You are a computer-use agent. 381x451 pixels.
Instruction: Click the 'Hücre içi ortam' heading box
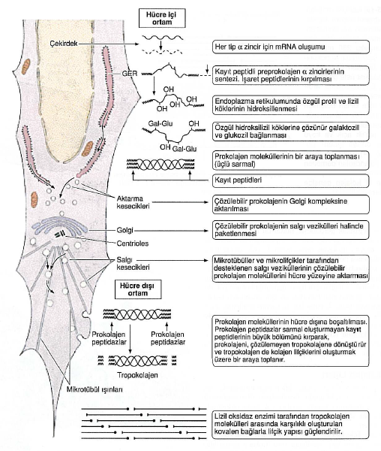(x=162, y=18)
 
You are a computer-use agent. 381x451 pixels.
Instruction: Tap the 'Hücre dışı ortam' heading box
(x=138, y=289)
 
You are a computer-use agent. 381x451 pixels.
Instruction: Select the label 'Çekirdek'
(x=64, y=44)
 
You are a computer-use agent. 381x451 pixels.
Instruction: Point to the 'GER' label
(x=130, y=74)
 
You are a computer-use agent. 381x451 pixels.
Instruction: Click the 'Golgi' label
(x=124, y=231)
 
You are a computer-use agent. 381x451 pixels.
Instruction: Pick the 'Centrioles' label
(x=133, y=244)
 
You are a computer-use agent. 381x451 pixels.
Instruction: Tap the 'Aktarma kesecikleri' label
(x=133, y=202)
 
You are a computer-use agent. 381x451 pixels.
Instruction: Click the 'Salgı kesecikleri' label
(x=133, y=264)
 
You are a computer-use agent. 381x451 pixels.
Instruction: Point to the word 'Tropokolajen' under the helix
(x=137, y=375)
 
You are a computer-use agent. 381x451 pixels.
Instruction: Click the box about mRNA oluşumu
(x=291, y=47)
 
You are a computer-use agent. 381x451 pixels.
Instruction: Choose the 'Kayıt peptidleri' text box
(x=291, y=180)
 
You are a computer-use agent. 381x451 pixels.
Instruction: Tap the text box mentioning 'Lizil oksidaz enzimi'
(x=291, y=425)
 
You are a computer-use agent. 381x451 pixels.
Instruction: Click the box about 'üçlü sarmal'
(x=291, y=160)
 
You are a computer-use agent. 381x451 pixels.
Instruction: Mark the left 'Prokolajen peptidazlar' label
(x=109, y=338)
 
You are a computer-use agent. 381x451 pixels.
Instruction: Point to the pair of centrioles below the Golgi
(x=61, y=235)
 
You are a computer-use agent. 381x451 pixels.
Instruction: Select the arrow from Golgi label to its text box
(x=171, y=231)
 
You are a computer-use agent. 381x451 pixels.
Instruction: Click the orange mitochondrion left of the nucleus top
(x=27, y=65)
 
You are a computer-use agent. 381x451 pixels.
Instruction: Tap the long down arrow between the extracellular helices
(x=130, y=339)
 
